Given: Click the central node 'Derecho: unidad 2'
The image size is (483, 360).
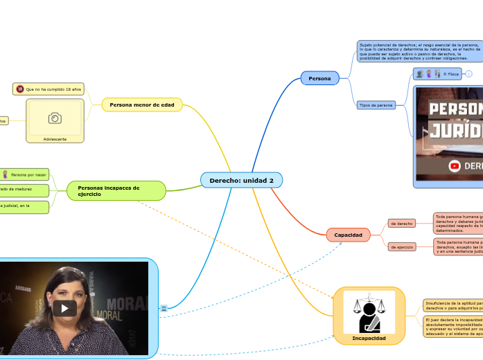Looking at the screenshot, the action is (241, 181).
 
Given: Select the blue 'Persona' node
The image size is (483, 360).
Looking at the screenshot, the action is (319, 78).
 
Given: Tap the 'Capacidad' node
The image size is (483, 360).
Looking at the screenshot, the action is (348, 235).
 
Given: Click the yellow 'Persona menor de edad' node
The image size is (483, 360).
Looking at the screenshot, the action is (142, 105).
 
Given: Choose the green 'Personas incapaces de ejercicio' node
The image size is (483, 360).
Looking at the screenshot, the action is (116, 190).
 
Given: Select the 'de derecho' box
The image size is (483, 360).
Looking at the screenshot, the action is (402, 224).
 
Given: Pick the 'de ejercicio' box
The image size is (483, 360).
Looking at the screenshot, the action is (402, 246).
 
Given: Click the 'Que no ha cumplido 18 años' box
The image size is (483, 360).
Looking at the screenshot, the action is (49, 89).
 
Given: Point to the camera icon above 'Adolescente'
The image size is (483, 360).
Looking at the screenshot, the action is (55, 118).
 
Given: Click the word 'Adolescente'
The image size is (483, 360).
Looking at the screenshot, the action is (55, 139).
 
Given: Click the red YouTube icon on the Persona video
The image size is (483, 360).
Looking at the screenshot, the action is (455, 165).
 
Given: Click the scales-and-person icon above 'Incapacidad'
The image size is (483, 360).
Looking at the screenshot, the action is (369, 312).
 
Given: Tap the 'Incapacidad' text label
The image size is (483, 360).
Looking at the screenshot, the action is (369, 339).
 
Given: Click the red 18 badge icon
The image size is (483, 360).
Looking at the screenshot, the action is (20, 89).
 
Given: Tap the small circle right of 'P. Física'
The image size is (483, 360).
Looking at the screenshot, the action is (469, 73).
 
